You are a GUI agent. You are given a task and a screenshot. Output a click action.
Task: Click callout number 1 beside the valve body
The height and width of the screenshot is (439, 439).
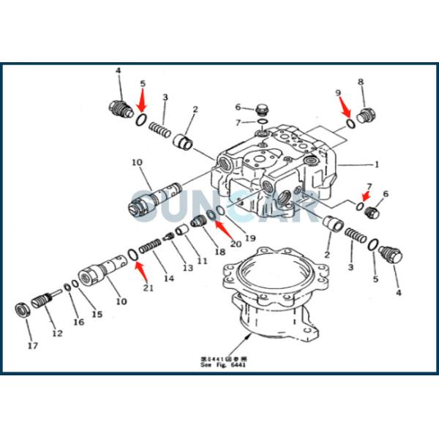click(x=378, y=164)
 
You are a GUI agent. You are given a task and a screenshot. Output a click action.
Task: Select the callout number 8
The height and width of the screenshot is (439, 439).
click(x=360, y=82)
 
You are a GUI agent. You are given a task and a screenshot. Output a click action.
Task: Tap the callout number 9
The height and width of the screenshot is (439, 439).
click(x=337, y=92)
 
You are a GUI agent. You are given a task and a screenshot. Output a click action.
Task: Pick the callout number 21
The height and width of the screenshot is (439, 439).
click(x=149, y=288)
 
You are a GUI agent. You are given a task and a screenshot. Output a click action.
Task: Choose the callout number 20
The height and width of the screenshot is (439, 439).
click(x=234, y=244)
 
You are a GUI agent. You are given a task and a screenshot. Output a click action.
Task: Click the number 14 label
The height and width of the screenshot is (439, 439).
click(x=169, y=278)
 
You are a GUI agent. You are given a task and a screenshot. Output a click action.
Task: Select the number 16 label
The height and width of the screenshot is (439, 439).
click(x=78, y=322)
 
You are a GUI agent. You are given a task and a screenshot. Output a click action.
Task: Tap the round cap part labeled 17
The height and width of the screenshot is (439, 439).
click(x=23, y=307)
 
